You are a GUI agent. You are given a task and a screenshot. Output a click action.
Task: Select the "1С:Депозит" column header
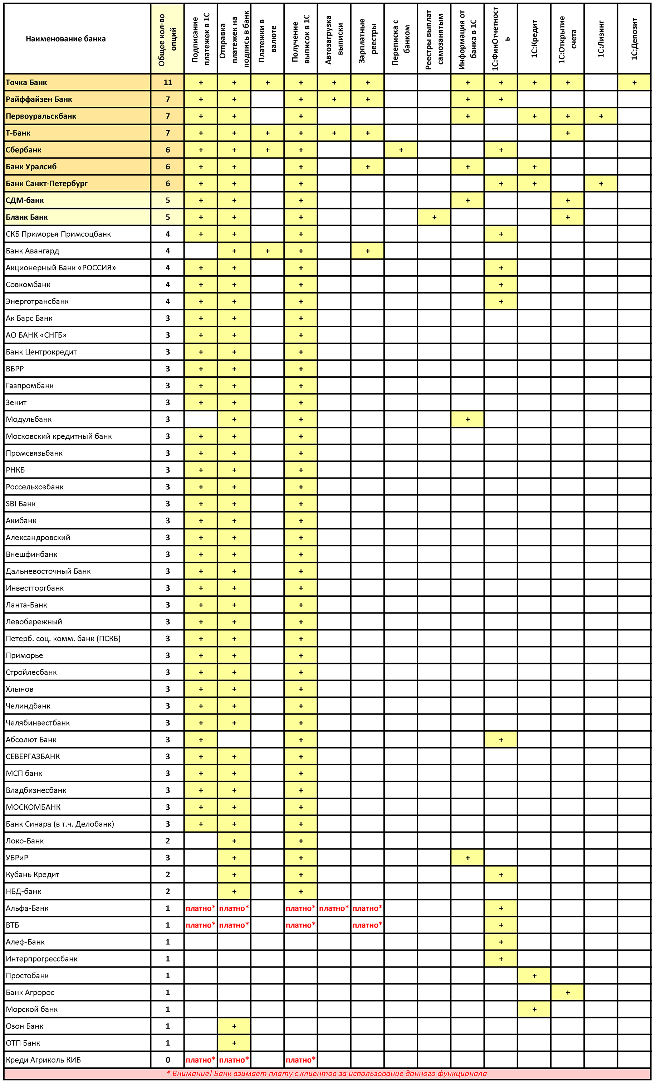pyautogui.click(x=634, y=39)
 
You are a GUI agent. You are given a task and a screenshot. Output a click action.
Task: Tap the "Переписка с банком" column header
pyautogui.click(x=401, y=39)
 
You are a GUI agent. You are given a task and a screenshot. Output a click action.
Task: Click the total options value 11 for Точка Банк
pyautogui.click(x=168, y=82)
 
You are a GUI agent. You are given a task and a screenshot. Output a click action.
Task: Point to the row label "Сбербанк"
pyautogui.click(x=24, y=150)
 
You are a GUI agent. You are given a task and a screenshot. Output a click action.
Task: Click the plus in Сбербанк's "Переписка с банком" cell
pyautogui.click(x=401, y=150)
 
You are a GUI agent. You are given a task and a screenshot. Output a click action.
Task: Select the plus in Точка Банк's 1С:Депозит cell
pyautogui.click(x=634, y=82)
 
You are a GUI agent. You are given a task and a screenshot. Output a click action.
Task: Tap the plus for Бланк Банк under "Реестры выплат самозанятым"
pyautogui.click(x=434, y=217)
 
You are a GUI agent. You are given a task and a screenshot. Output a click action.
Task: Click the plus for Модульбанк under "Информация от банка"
pyautogui.click(x=468, y=419)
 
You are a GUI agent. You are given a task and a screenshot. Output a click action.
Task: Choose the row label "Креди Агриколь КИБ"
pyautogui.click(x=43, y=1060)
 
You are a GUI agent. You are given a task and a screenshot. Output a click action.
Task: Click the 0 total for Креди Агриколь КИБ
pyautogui.click(x=168, y=1060)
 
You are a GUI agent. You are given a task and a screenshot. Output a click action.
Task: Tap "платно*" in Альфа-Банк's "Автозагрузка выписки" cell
pyautogui.click(x=334, y=909)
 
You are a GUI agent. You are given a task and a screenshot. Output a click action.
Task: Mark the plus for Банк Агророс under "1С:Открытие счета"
pyautogui.click(x=568, y=993)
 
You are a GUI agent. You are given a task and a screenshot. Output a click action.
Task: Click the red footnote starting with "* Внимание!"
pyautogui.click(x=327, y=1074)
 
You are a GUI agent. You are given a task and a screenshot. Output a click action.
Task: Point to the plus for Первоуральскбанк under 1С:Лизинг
pyautogui.click(x=601, y=116)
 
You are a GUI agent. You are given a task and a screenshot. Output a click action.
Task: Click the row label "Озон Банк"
pyautogui.click(x=25, y=1026)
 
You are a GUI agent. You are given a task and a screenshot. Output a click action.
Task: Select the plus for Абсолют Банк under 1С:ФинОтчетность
pyautogui.click(x=501, y=740)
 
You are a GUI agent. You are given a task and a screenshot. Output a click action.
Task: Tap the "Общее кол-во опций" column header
pyautogui.click(x=168, y=39)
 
